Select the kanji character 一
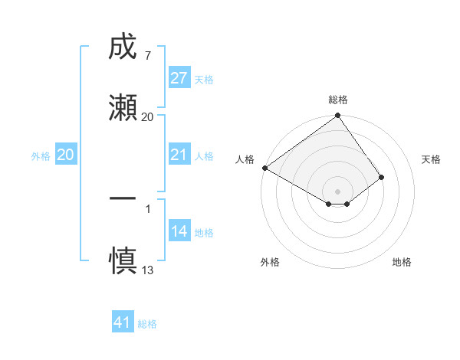coord(123,197)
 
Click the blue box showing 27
coord(179,78)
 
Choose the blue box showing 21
coord(179,155)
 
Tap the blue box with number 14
coord(179,232)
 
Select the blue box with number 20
coord(66,155)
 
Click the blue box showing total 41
coord(123,322)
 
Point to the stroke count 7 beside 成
coord(147,57)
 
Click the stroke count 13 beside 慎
coord(148,270)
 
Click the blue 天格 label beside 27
coord(204,80)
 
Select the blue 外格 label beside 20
coord(41,156)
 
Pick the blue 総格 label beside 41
coord(147,324)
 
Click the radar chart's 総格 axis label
coord(338,100)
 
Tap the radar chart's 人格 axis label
coord(245,159)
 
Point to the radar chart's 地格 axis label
coord(402,263)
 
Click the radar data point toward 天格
coord(382,177)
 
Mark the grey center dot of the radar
coord(337,191)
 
